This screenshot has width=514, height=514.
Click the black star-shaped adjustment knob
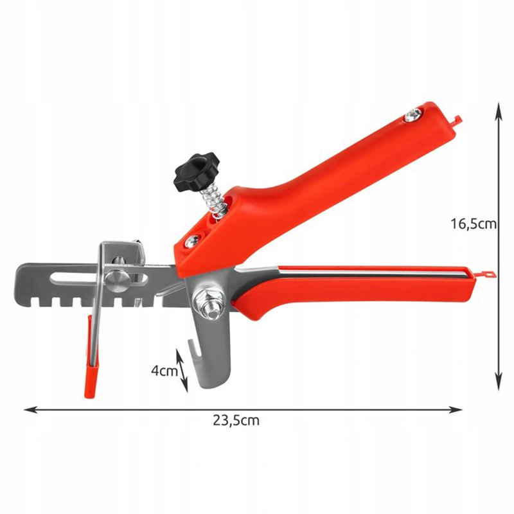(197, 172)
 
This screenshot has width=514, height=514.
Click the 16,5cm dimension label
(473, 224)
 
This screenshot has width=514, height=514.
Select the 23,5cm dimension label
(236, 421)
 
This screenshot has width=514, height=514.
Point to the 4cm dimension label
(164, 371)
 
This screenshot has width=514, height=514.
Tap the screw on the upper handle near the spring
(191, 242)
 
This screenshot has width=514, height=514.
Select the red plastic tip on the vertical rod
(90, 382)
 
